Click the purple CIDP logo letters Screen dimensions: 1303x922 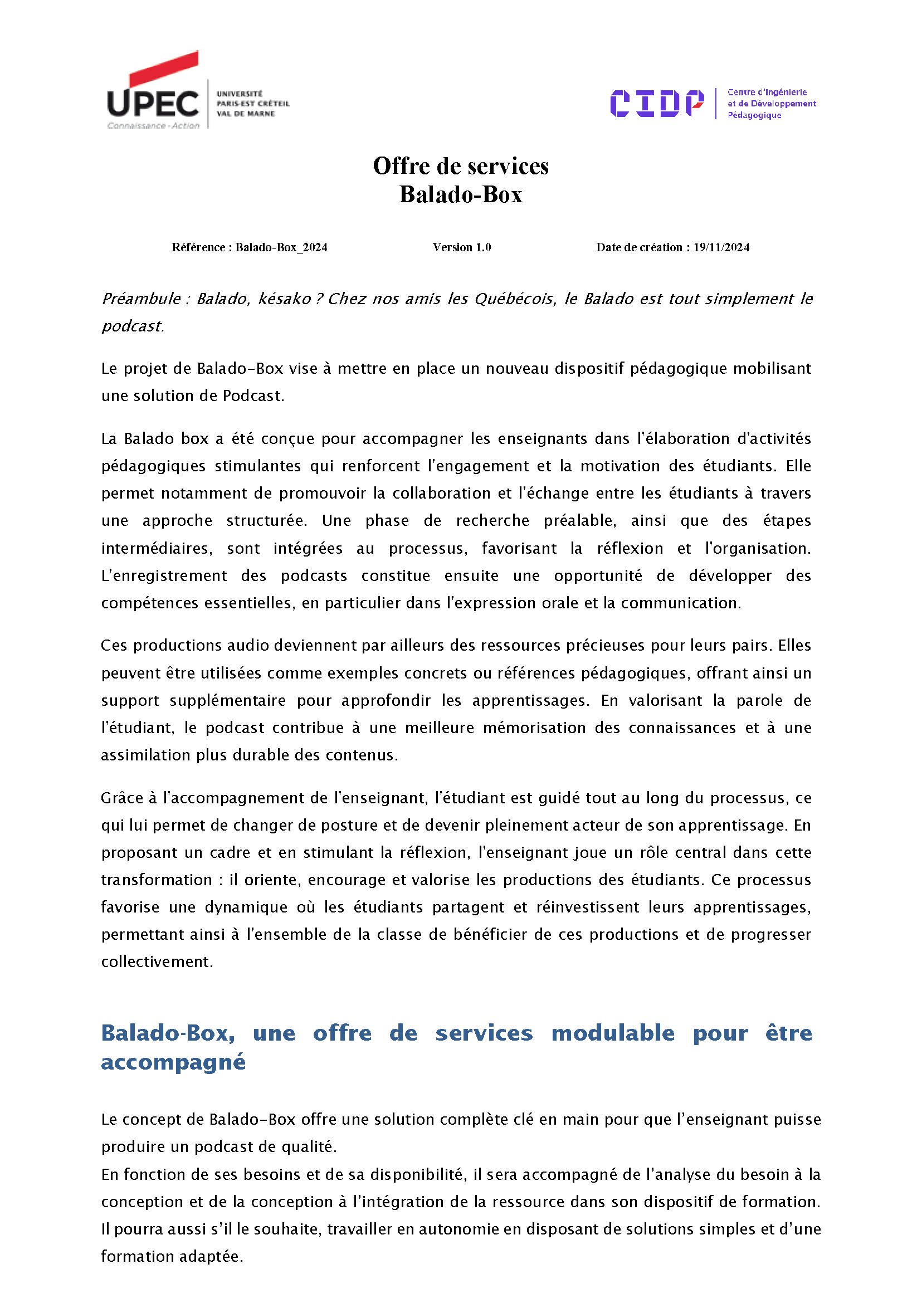656,103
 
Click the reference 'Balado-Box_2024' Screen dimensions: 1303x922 281,247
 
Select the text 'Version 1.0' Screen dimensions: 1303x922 462,247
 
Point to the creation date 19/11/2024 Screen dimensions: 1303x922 721,247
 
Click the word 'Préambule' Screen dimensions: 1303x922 141,299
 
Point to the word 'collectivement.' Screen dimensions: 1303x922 157,962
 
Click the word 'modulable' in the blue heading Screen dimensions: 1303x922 613,1033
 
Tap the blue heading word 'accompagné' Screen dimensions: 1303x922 173,1062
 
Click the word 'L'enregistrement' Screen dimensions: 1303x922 164,575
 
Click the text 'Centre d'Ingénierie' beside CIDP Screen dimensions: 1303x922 767,92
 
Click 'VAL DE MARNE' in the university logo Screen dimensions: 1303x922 245,114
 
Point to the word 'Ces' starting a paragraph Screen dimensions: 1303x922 114,646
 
